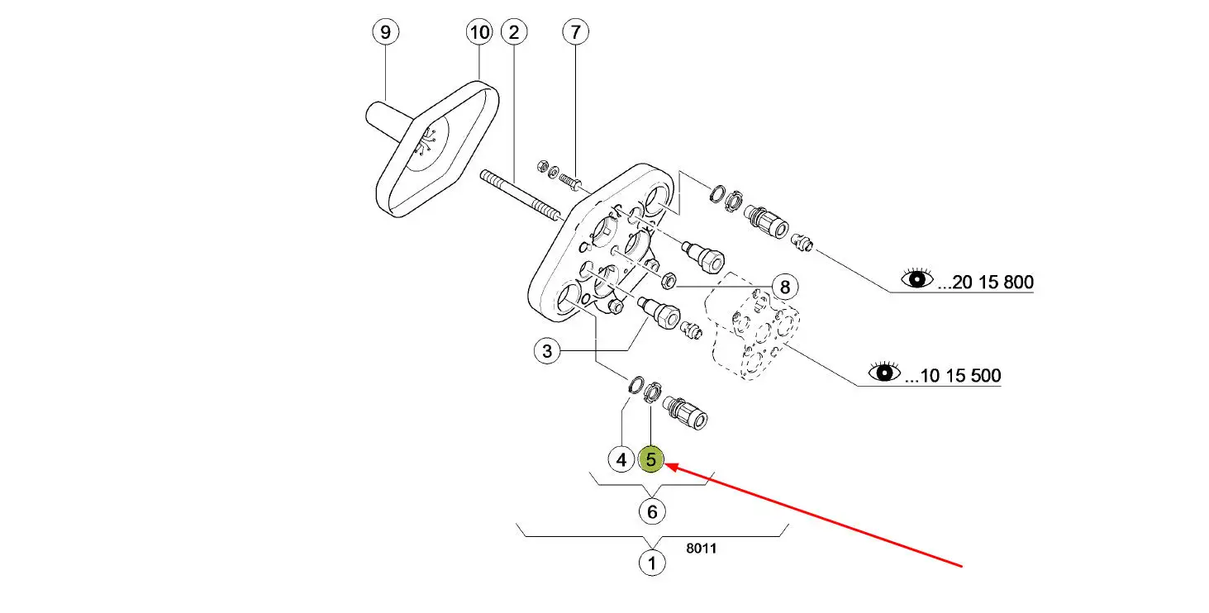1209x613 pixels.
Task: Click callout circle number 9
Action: (x=385, y=32)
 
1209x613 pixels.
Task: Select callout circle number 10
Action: (x=479, y=32)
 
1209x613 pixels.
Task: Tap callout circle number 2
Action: (x=514, y=32)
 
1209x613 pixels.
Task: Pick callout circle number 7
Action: (x=576, y=32)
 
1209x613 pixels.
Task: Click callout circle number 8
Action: (x=784, y=287)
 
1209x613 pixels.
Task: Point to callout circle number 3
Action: (x=547, y=351)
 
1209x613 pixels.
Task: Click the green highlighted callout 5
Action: (x=652, y=459)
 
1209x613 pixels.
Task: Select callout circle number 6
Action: (x=652, y=511)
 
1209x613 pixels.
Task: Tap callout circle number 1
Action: (x=652, y=563)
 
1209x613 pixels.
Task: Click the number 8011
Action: (x=701, y=547)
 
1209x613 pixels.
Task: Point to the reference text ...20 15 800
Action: (x=985, y=283)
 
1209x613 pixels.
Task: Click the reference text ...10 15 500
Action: (x=953, y=376)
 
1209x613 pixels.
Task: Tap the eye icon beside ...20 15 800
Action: (x=916, y=279)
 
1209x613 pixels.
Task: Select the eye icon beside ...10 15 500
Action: (x=884, y=373)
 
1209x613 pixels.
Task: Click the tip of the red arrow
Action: (x=668, y=466)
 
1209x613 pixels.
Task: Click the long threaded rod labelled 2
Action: (x=521, y=196)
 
